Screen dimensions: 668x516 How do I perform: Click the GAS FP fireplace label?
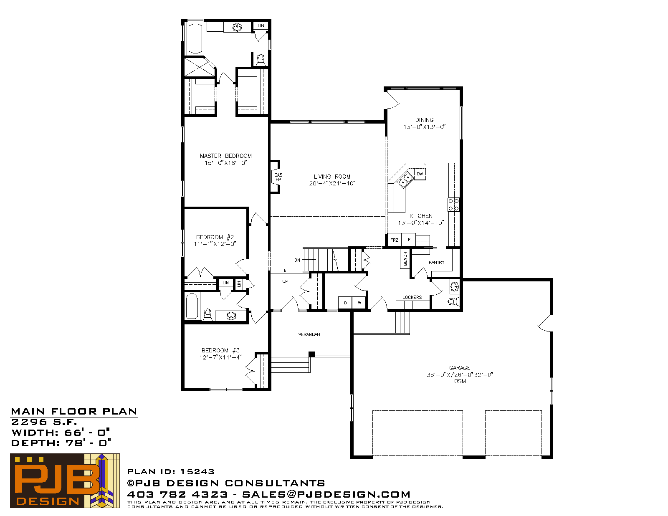(x=278, y=177)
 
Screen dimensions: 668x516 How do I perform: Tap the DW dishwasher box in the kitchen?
(x=420, y=174)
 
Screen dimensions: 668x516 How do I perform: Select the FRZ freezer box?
(x=395, y=240)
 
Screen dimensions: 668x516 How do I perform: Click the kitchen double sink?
(x=405, y=180)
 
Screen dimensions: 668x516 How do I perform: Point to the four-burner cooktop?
(x=453, y=205)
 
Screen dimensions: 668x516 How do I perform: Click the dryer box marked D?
(x=345, y=303)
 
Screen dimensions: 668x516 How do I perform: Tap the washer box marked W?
(x=359, y=303)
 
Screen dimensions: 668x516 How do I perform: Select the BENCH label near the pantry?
(x=405, y=259)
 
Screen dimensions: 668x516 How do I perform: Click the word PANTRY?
(x=437, y=263)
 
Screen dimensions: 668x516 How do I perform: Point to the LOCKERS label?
(x=412, y=297)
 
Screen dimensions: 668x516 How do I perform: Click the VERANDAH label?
(x=309, y=334)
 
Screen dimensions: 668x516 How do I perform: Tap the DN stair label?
(x=297, y=260)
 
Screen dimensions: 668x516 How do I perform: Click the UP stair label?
(x=285, y=281)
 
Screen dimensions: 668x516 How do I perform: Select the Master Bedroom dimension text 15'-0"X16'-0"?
(x=225, y=163)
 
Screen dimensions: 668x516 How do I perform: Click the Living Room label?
(x=332, y=177)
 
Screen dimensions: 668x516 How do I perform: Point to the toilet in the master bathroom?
(x=261, y=60)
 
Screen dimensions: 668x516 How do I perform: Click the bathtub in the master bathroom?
(x=195, y=39)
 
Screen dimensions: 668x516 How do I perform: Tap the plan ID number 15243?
(x=197, y=472)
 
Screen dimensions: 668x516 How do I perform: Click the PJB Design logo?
(x=65, y=481)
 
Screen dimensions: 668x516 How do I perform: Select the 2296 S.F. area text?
(x=44, y=422)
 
